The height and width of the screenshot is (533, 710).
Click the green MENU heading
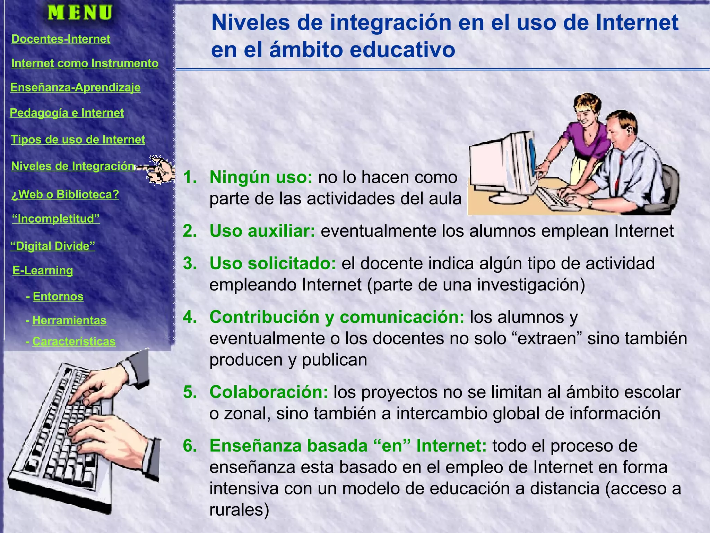[x=80, y=13]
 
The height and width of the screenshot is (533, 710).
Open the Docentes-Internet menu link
[x=61, y=39]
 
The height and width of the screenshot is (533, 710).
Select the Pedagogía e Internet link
[x=67, y=113]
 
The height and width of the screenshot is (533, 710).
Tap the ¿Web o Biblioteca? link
[x=65, y=194]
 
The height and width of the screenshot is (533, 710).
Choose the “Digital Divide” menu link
[x=52, y=246]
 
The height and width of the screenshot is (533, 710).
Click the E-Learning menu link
[x=43, y=270]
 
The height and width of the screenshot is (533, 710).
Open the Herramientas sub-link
[x=69, y=320]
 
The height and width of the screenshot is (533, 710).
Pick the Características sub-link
[x=74, y=341]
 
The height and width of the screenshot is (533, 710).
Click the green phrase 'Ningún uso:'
[x=261, y=177]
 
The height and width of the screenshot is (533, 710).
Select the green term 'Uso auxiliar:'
[x=262, y=231]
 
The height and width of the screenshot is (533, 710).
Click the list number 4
[x=190, y=317]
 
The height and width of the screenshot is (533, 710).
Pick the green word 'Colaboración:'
[x=269, y=392]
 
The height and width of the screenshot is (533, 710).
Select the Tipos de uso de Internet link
[x=78, y=139]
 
